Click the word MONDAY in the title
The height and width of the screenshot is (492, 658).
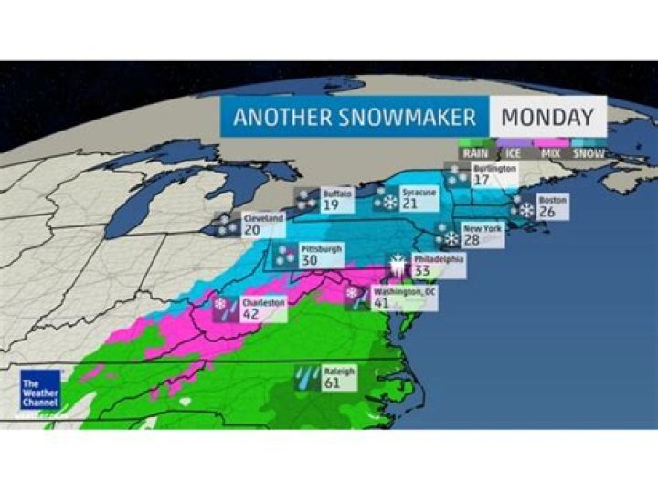tap(547, 116)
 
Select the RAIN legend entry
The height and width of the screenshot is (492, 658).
tap(475, 153)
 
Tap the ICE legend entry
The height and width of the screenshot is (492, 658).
tap(515, 153)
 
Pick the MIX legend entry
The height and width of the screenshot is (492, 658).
tap(551, 153)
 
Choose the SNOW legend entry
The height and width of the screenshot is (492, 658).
tap(588, 153)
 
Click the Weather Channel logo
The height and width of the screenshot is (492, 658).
tap(41, 390)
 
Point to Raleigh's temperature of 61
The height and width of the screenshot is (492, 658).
tap(332, 384)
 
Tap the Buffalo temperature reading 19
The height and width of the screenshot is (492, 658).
tap(331, 206)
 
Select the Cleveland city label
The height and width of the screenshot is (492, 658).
tap(262, 219)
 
